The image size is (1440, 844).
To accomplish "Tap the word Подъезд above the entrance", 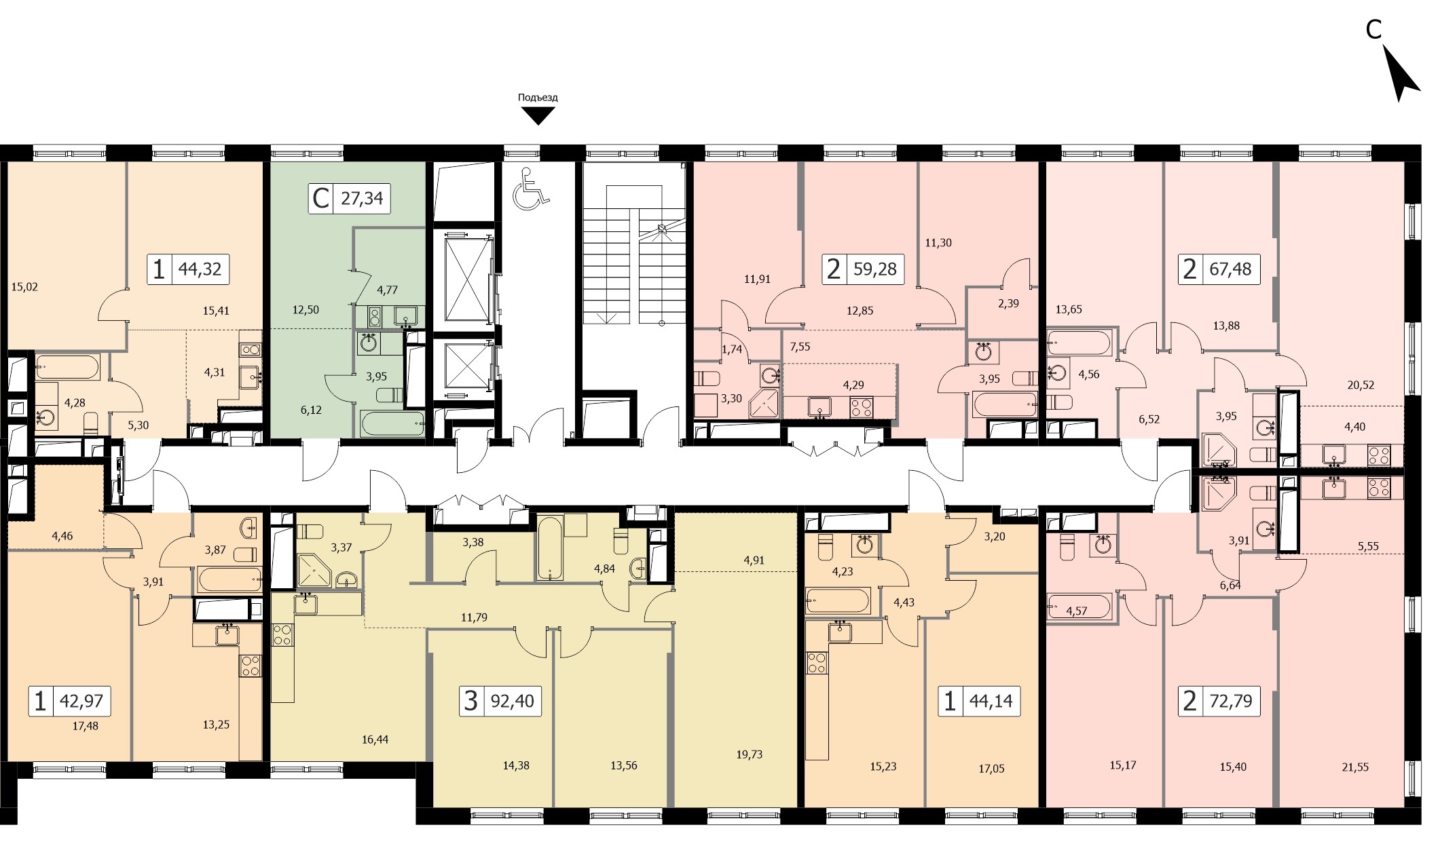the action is click(x=538, y=98).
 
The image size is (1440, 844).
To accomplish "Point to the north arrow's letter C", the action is click(x=1373, y=29).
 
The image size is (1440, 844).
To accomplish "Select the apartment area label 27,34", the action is click(x=362, y=198).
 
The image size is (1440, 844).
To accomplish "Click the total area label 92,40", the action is click(x=513, y=700).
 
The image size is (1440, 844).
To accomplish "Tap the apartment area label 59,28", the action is click(x=874, y=269).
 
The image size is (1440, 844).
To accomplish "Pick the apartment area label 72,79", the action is click(x=1231, y=700).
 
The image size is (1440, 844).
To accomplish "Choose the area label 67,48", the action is click(x=1230, y=269).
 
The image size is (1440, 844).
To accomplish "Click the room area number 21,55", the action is click(x=1355, y=767).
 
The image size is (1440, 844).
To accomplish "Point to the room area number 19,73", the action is click(x=749, y=754).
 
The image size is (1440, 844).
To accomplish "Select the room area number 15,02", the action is click(x=24, y=287).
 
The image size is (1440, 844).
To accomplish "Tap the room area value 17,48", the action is click(x=86, y=726).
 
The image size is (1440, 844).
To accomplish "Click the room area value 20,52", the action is click(x=1361, y=385).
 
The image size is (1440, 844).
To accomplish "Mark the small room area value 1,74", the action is click(x=732, y=349).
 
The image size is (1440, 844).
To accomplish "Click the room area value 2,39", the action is click(x=1008, y=303).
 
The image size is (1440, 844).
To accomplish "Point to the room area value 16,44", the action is click(x=375, y=740).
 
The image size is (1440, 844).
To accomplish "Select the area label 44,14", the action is click(x=991, y=701).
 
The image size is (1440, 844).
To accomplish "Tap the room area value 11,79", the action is click(x=474, y=617).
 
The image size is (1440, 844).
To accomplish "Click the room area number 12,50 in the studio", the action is click(x=306, y=310).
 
